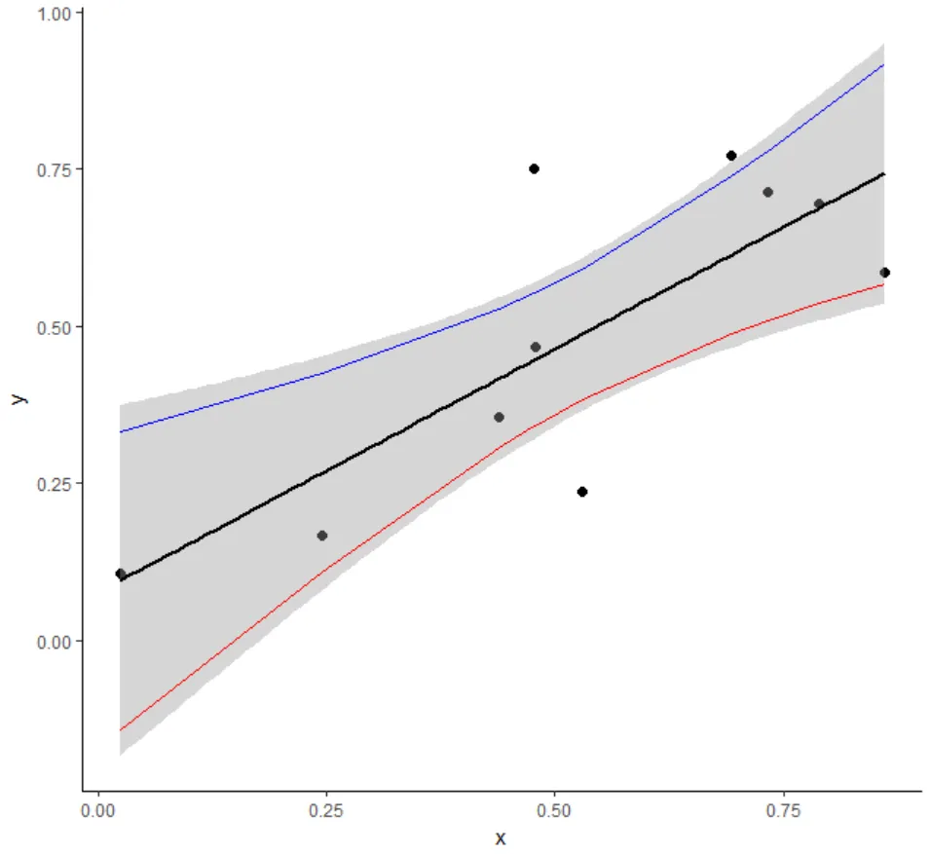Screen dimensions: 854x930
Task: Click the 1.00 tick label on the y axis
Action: point(54,13)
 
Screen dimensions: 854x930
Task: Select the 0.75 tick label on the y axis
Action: point(54,169)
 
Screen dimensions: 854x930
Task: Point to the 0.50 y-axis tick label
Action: point(54,326)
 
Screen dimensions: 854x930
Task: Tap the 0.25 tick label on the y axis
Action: point(54,484)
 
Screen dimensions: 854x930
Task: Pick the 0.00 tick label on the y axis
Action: point(54,641)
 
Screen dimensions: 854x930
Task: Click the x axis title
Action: point(501,838)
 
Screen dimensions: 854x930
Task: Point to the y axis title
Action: point(18,397)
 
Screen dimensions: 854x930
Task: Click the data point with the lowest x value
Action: point(121,574)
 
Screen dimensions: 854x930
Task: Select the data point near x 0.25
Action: point(322,536)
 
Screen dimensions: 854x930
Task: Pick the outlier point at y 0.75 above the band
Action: point(534,168)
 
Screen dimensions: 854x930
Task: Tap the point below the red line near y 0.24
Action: point(582,492)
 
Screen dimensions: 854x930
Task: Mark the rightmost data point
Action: point(884,273)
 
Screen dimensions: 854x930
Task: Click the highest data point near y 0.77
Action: point(730,156)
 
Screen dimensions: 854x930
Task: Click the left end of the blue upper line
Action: point(121,431)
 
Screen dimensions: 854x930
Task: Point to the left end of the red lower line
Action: point(121,729)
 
